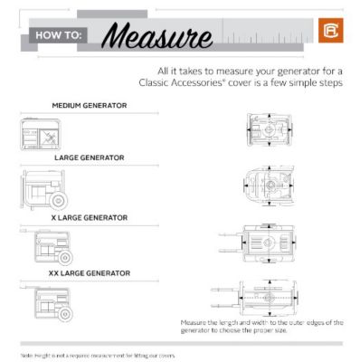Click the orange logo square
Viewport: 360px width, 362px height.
tap(328, 32)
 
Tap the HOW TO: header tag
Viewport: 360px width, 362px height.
tap(62, 36)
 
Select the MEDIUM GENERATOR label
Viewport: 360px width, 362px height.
tap(89, 105)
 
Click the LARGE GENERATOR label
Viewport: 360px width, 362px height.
tap(89, 157)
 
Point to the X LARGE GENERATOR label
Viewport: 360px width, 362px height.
tap(89, 217)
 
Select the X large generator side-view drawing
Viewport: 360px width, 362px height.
tap(45, 245)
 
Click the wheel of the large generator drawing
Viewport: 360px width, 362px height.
tap(60, 198)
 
